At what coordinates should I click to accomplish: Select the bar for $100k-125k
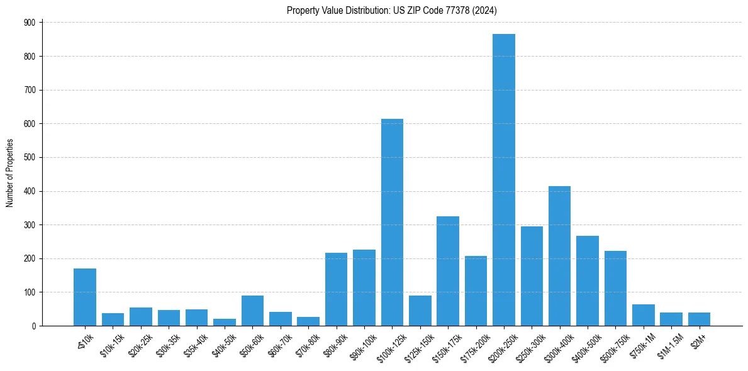(392, 223)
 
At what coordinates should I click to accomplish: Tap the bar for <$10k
(85, 297)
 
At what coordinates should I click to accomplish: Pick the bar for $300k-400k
(559, 256)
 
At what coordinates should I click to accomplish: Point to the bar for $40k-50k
(225, 322)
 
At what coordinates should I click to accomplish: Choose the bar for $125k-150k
(420, 311)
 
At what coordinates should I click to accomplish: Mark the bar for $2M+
(699, 319)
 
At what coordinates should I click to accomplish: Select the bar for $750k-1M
(643, 315)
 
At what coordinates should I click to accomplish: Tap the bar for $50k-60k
(252, 311)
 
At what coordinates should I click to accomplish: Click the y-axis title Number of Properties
(10, 174)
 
